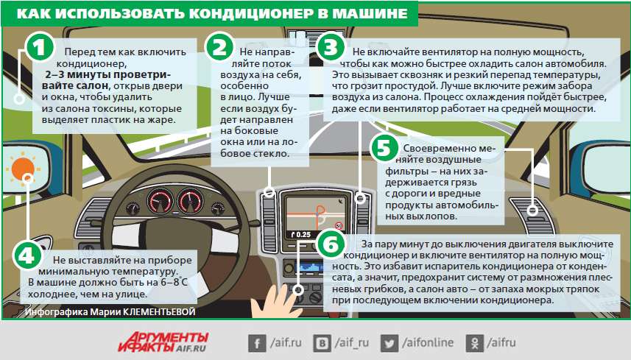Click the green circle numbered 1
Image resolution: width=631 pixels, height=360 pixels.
[41, 49]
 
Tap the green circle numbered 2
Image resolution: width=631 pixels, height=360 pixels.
[219, 48]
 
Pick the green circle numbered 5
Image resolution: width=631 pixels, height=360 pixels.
[383, 147]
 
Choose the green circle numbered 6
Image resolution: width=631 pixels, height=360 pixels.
[332, 244]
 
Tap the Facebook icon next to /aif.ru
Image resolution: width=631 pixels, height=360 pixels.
[258, 342]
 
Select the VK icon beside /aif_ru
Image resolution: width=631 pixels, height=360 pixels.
[322, 342]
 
